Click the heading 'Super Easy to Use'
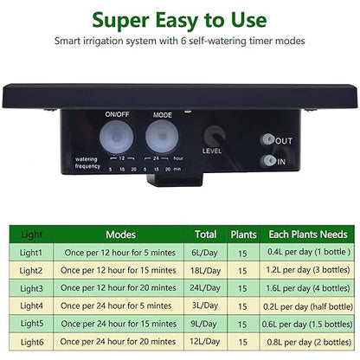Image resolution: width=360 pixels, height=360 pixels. click(179, 19)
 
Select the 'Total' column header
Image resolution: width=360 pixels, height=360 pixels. click(206, 234)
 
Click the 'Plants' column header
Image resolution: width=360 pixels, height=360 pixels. click(243, 234)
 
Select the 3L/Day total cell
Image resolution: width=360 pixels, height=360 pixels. click(206, 305)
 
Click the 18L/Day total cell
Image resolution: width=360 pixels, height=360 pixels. click(206, 269)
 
